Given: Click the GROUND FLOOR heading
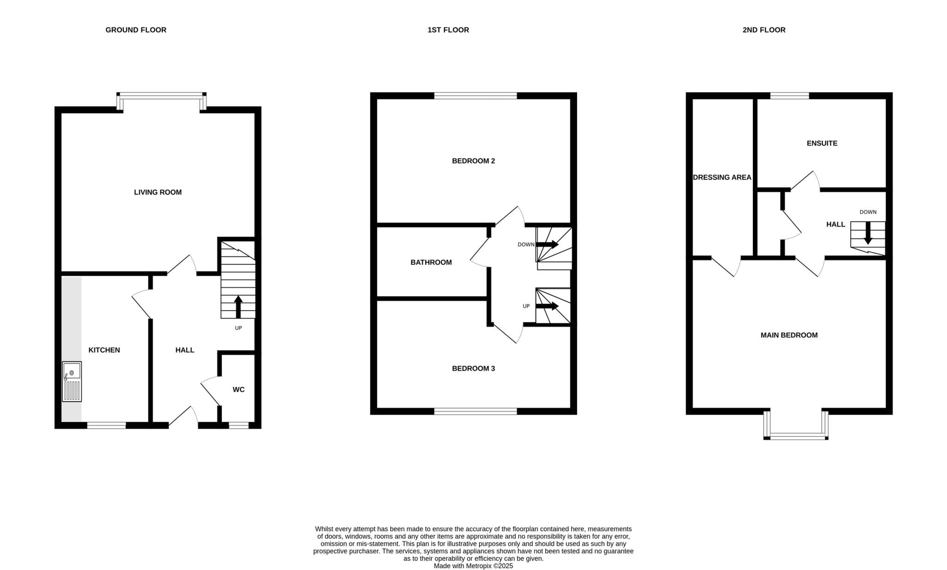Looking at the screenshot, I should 135,30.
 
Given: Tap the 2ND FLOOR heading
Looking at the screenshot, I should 763,30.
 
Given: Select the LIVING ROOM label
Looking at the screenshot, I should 158,192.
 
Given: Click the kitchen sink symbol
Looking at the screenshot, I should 72,381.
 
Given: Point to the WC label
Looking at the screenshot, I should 238,390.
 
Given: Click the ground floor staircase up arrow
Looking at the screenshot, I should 238,306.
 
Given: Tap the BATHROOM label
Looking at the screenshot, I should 431,263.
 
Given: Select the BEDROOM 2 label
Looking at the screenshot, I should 473,161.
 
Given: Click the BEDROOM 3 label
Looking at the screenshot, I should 473,368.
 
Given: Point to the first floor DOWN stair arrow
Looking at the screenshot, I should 547,244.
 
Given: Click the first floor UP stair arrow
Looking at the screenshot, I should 547,306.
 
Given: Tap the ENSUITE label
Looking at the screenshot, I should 822,143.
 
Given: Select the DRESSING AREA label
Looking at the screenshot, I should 722,178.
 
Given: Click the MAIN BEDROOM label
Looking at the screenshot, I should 789,335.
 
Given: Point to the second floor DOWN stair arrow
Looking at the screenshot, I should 868,233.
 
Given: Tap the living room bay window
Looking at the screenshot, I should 161,96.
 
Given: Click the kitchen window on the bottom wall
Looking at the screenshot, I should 106,425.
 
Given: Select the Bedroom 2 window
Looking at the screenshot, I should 475,96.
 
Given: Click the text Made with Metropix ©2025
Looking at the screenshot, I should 473,566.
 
